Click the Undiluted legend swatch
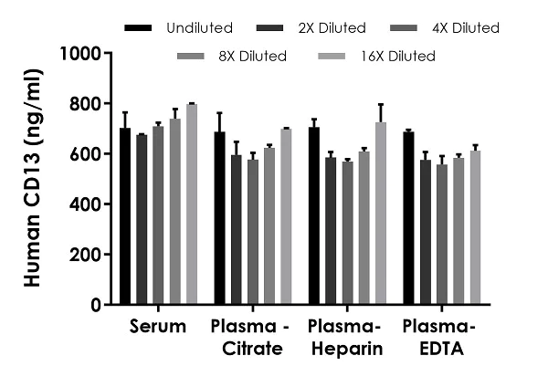(x=136, y=28)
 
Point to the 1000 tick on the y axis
(x=111, y=53)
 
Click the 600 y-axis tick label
(x=89, y=154)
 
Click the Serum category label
(x=158, y=327)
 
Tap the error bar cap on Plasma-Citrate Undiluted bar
(x=219, y=114)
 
